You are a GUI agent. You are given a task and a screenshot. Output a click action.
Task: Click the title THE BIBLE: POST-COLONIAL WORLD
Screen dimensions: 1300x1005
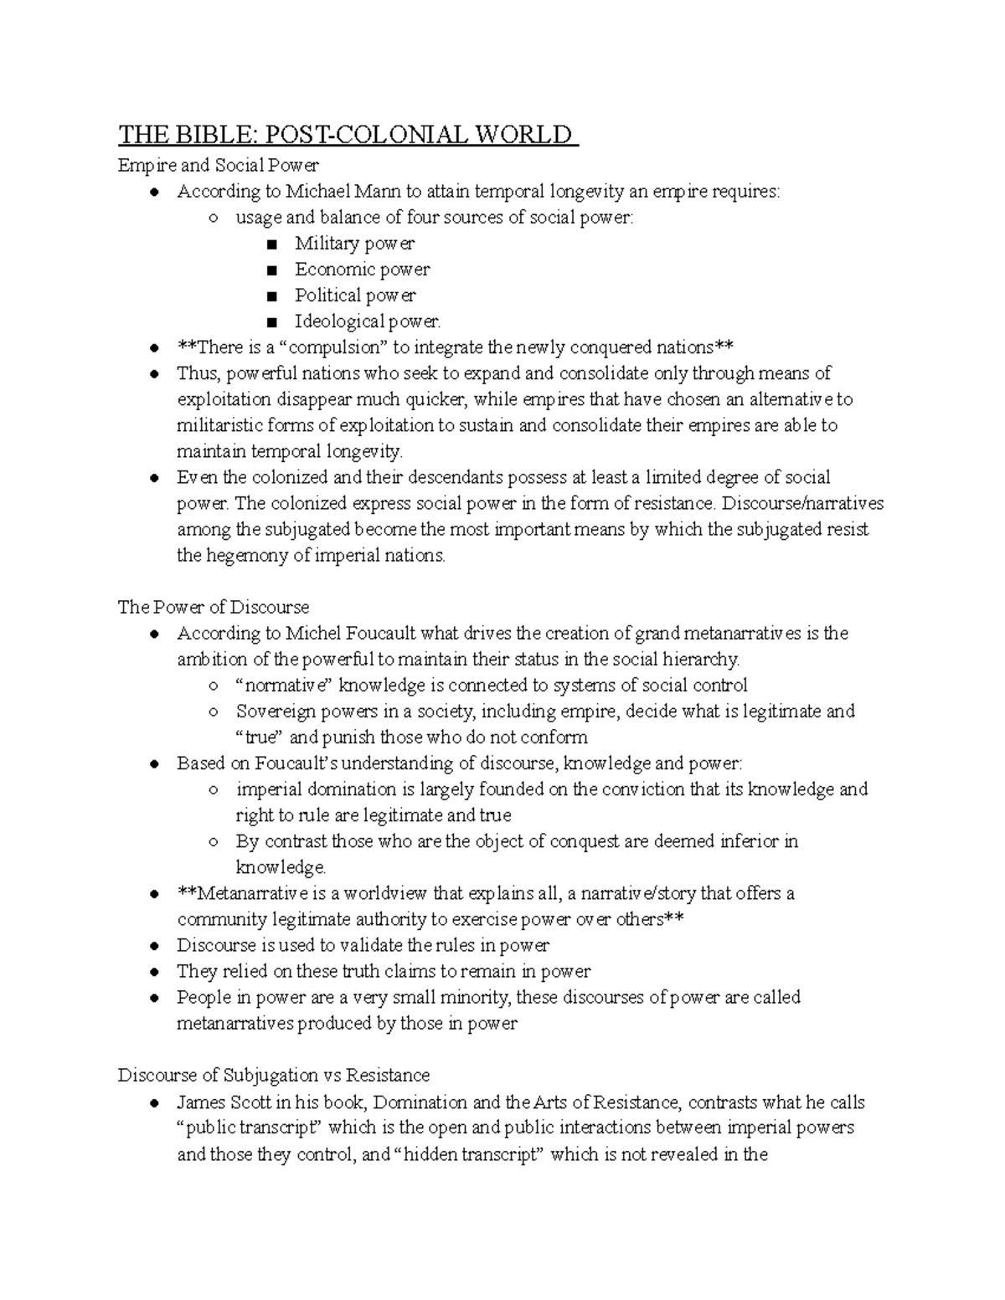348,135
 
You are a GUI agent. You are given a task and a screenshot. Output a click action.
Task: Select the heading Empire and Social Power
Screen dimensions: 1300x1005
218,166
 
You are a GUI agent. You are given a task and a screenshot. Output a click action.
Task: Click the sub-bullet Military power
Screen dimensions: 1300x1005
354,244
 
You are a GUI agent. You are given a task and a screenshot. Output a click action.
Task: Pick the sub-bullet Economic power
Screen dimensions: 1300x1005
362,270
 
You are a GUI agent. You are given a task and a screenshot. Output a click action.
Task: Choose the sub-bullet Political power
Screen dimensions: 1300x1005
355,295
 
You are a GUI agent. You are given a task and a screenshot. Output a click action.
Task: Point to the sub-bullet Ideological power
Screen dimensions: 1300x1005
367,321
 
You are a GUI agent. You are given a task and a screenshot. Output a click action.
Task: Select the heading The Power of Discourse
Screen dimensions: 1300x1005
214,607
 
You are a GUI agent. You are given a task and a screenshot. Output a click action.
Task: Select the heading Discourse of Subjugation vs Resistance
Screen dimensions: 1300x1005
274,1075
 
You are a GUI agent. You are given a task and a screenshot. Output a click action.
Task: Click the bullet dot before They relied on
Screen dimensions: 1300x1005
153,972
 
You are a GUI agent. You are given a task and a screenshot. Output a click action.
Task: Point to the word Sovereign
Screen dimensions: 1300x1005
272,712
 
